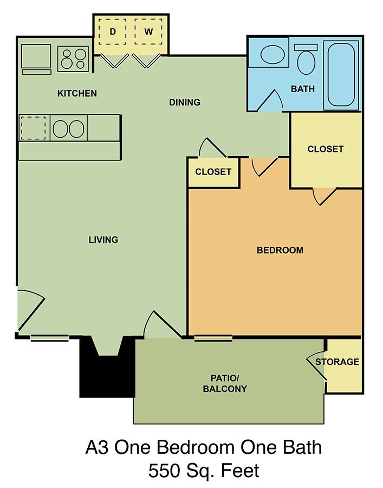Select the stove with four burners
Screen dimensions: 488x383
pyautogui.click(x=73, y=59)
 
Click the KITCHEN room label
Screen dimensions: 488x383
pyautogui.click(x=77, y=93)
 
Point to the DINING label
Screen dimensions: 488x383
pyautogui.click(x=185, y=102)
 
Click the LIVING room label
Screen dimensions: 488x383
pyautogui.click(x=103, y=240)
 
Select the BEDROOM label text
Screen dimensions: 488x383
pyautogui.click(x=280, y=250)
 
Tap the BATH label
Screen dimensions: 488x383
pyautogui.click(x=303, y=89)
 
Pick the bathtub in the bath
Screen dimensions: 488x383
pyautogui.click(x=341, y=75)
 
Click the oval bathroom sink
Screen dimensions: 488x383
pyautogui.click(x=275, y=56)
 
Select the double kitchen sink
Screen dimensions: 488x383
pyautogui.click(x=68, y=129)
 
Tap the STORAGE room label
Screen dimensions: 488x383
pyautogui.click(x=337, y=362)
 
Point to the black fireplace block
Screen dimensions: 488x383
pyautogui.click(x=107, y=374)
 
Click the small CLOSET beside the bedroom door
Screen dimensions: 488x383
pyautogui.click(x=213, y=172)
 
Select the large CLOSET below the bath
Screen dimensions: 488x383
pyautogui.click(x=325, y=149)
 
